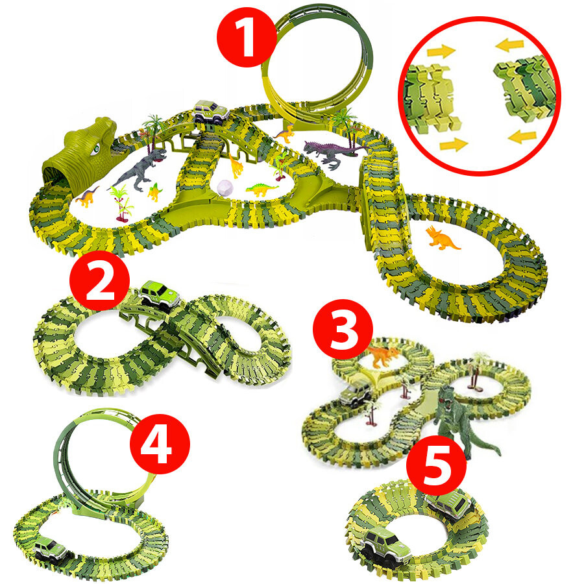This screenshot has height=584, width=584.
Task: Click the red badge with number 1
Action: [247, 37]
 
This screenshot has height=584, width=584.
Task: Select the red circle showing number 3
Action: [343, 329]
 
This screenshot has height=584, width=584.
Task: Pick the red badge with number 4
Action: [160, 444]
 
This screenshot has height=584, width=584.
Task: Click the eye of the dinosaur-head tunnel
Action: [96, 149]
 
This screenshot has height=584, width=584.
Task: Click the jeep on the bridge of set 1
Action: [211, 112]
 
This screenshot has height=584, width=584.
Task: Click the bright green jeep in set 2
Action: [160, 296]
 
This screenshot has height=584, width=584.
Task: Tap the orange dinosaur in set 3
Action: [382, 356]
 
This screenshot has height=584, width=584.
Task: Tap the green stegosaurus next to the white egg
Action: [262, 189]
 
